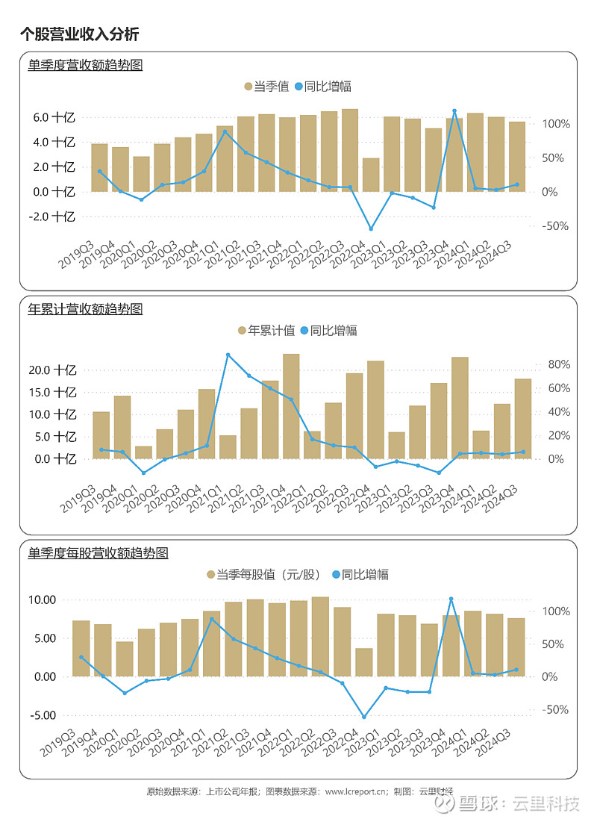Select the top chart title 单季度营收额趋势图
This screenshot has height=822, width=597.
[84, 65]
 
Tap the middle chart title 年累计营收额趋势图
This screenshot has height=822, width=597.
[84, 308]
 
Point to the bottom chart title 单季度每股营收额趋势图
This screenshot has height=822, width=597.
[98, 553]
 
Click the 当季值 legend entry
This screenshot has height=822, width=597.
[266, 87]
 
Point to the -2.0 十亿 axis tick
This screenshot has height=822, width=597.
[52, 217]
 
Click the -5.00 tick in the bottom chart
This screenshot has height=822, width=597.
[43, 715]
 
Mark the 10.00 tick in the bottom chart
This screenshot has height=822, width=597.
[43, 600]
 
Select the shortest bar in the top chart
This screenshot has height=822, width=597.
[371, 175]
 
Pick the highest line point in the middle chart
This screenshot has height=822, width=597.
[228, 355]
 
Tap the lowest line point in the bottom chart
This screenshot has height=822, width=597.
[364, 717]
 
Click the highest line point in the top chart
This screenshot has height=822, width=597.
[454, 111]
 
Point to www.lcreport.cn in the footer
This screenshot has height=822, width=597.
[356, 791]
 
